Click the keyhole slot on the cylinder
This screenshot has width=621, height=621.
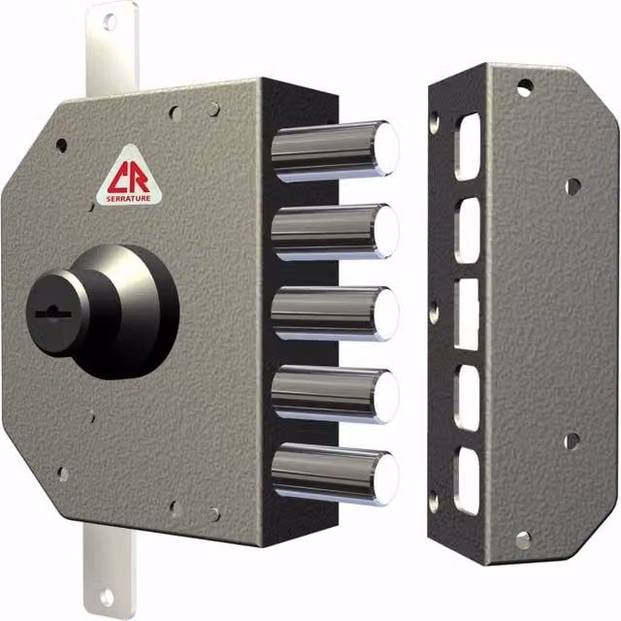pyautogui.click(x=53, y=312)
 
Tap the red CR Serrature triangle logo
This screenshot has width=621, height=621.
pyautogui.click(x=129, y=177)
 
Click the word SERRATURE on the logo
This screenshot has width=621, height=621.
pyautogui.click(x=128, y=198)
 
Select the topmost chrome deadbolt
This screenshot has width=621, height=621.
pyautogui.click(x=335, y=150)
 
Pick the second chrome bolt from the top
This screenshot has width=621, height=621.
pyautogui.click(x=335, y=232)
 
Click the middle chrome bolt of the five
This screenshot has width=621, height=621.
pyautogui.click(x=335, y=313)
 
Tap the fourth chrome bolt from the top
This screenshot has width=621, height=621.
pyautogui.click(x=335, y=395)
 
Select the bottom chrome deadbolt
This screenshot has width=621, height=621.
pyautogui.click(x=335, y=474)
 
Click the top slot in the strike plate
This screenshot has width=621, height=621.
pyautogui.click(x=468, y=147)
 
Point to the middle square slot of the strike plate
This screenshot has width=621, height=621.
pyautogui.click(x=467, y=314)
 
